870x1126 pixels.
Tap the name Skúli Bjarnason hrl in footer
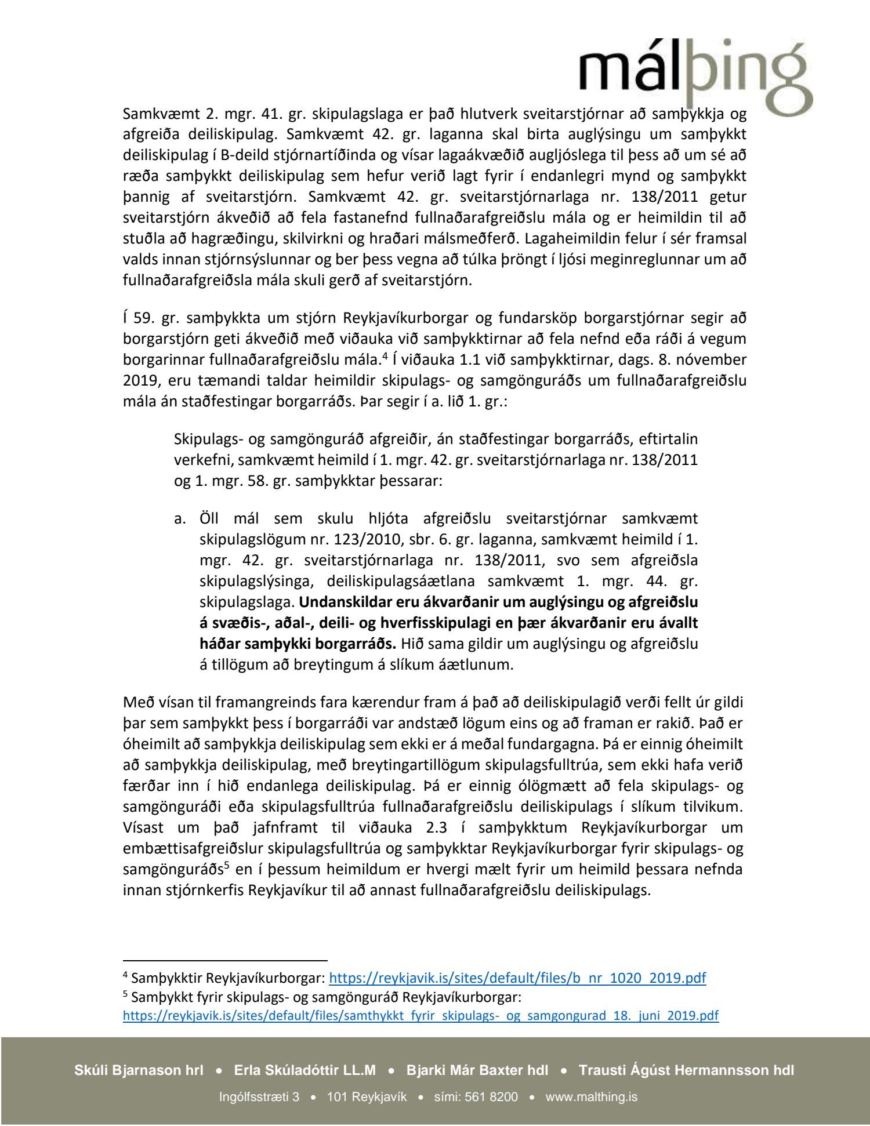pos(139,1070)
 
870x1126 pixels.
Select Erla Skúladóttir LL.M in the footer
pos(304,1070)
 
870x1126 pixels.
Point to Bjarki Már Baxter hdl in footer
pos(477,1070)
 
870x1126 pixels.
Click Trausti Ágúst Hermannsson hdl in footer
pos(686,1070)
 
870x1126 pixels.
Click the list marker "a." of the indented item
pos(180,518)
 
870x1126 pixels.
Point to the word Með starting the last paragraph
pos(137,703)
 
